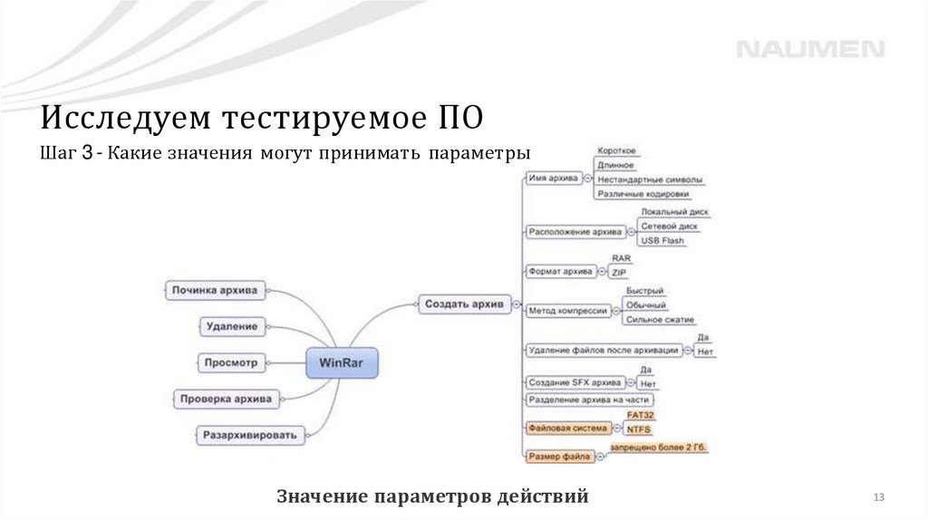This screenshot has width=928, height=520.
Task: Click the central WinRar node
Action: [342, 362]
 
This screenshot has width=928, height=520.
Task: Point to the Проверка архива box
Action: [226, 398]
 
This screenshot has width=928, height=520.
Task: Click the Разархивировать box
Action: [250, 435]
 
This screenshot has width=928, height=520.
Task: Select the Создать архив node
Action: [464, 304]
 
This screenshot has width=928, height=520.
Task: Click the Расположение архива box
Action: [575, 232]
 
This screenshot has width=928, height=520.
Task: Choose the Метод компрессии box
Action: [567, 310]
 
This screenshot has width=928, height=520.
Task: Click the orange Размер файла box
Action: [559, 457]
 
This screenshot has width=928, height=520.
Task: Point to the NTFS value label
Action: [639, 429]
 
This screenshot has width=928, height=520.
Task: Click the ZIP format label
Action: [619, 272]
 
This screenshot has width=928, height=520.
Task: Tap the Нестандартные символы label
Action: [649, 179]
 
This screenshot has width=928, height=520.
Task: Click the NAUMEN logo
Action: [809, 49]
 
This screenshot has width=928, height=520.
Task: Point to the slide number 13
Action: [878, 497]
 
